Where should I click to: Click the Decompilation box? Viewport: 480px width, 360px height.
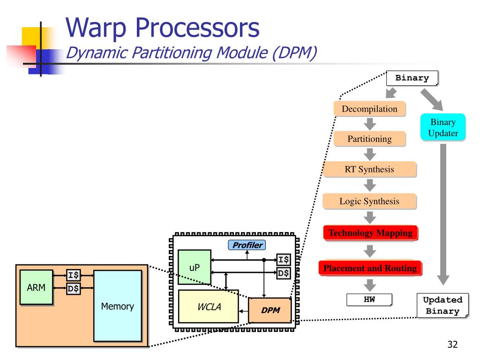369,109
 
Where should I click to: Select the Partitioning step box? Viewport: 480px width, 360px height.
369,139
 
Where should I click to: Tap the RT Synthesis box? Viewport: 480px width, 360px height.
369,169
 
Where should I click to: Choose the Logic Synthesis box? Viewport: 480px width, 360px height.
369,202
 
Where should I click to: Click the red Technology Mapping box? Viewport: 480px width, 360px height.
370,233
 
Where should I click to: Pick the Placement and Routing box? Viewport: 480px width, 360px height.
370,268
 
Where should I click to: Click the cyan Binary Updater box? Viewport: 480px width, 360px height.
443,127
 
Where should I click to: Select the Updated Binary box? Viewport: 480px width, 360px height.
442,306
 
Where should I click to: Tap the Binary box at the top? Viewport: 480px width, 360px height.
412,78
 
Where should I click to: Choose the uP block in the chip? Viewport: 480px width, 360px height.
195,268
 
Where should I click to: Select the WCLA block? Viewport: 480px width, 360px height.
208,307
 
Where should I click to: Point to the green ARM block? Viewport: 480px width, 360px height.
36,287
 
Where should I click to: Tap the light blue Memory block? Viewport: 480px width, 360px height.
117,306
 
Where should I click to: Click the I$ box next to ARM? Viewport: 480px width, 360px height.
73,275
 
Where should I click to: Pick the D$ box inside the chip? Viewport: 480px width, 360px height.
283,273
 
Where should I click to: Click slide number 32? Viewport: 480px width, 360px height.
452,345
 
